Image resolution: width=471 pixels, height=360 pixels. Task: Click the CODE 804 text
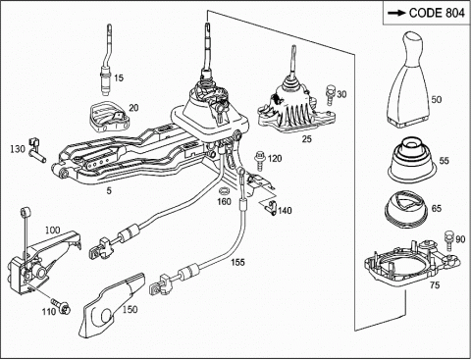tap(437, 13)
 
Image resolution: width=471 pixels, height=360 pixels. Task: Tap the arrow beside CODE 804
tap(396, 13)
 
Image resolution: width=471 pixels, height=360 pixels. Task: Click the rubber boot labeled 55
tap(411, 160)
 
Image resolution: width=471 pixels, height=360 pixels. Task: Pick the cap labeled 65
tap(405, 208)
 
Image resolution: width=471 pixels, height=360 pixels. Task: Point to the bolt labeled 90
tap(447, 240)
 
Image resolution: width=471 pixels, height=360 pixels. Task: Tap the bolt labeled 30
tap(330, 95)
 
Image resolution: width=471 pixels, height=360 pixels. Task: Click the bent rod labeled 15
tap(106, 61)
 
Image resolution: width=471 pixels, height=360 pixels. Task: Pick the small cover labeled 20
tap(109, 116)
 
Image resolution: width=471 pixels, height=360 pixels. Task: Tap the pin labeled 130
tap(36, 150)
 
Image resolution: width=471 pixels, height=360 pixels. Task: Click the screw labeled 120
tap(260, 160)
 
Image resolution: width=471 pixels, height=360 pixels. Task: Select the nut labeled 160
tap(225, 190)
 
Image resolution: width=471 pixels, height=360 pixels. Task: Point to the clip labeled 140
tap(271, 207)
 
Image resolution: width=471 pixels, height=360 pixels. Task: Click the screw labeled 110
tap(62, 306)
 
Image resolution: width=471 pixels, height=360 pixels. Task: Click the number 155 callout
tap(237, 262)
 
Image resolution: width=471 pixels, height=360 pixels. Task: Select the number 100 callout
tap(52, 231)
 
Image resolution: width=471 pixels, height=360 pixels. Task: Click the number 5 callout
tap(109, 190)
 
